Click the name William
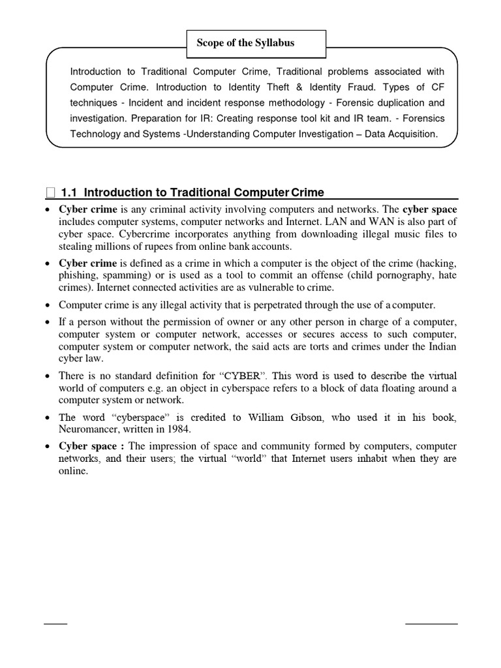coord(266,417)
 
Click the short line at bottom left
coord(55,624)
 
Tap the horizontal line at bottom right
coord(431,624)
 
